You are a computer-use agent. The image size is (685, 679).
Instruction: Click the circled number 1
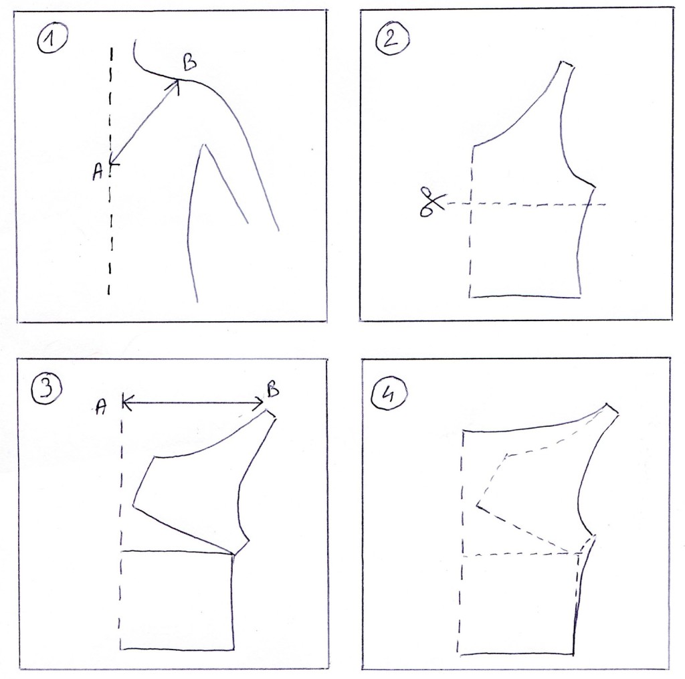pos(52,39)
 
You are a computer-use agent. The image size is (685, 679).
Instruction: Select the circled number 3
pos(46,389)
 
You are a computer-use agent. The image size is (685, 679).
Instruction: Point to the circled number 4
pos(389,395)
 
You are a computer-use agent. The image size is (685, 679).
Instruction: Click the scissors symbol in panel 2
pos(431,201)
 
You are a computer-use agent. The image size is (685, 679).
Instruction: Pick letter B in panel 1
pos(189,62)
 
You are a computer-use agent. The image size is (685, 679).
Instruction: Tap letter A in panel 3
pos(101,407)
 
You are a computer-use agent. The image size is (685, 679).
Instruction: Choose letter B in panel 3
pos(273,389)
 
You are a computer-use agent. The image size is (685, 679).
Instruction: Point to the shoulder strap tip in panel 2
pos(567,64)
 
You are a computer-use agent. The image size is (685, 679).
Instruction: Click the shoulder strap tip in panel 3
pos(270,413)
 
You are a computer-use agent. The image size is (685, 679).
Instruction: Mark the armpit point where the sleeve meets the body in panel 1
pos(201,144)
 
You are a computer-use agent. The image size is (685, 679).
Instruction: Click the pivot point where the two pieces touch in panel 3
pos(233,555)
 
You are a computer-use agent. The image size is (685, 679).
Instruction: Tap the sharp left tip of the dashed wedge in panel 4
pos(476,506)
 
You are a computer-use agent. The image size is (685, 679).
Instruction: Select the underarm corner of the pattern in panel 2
pos(595,187)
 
